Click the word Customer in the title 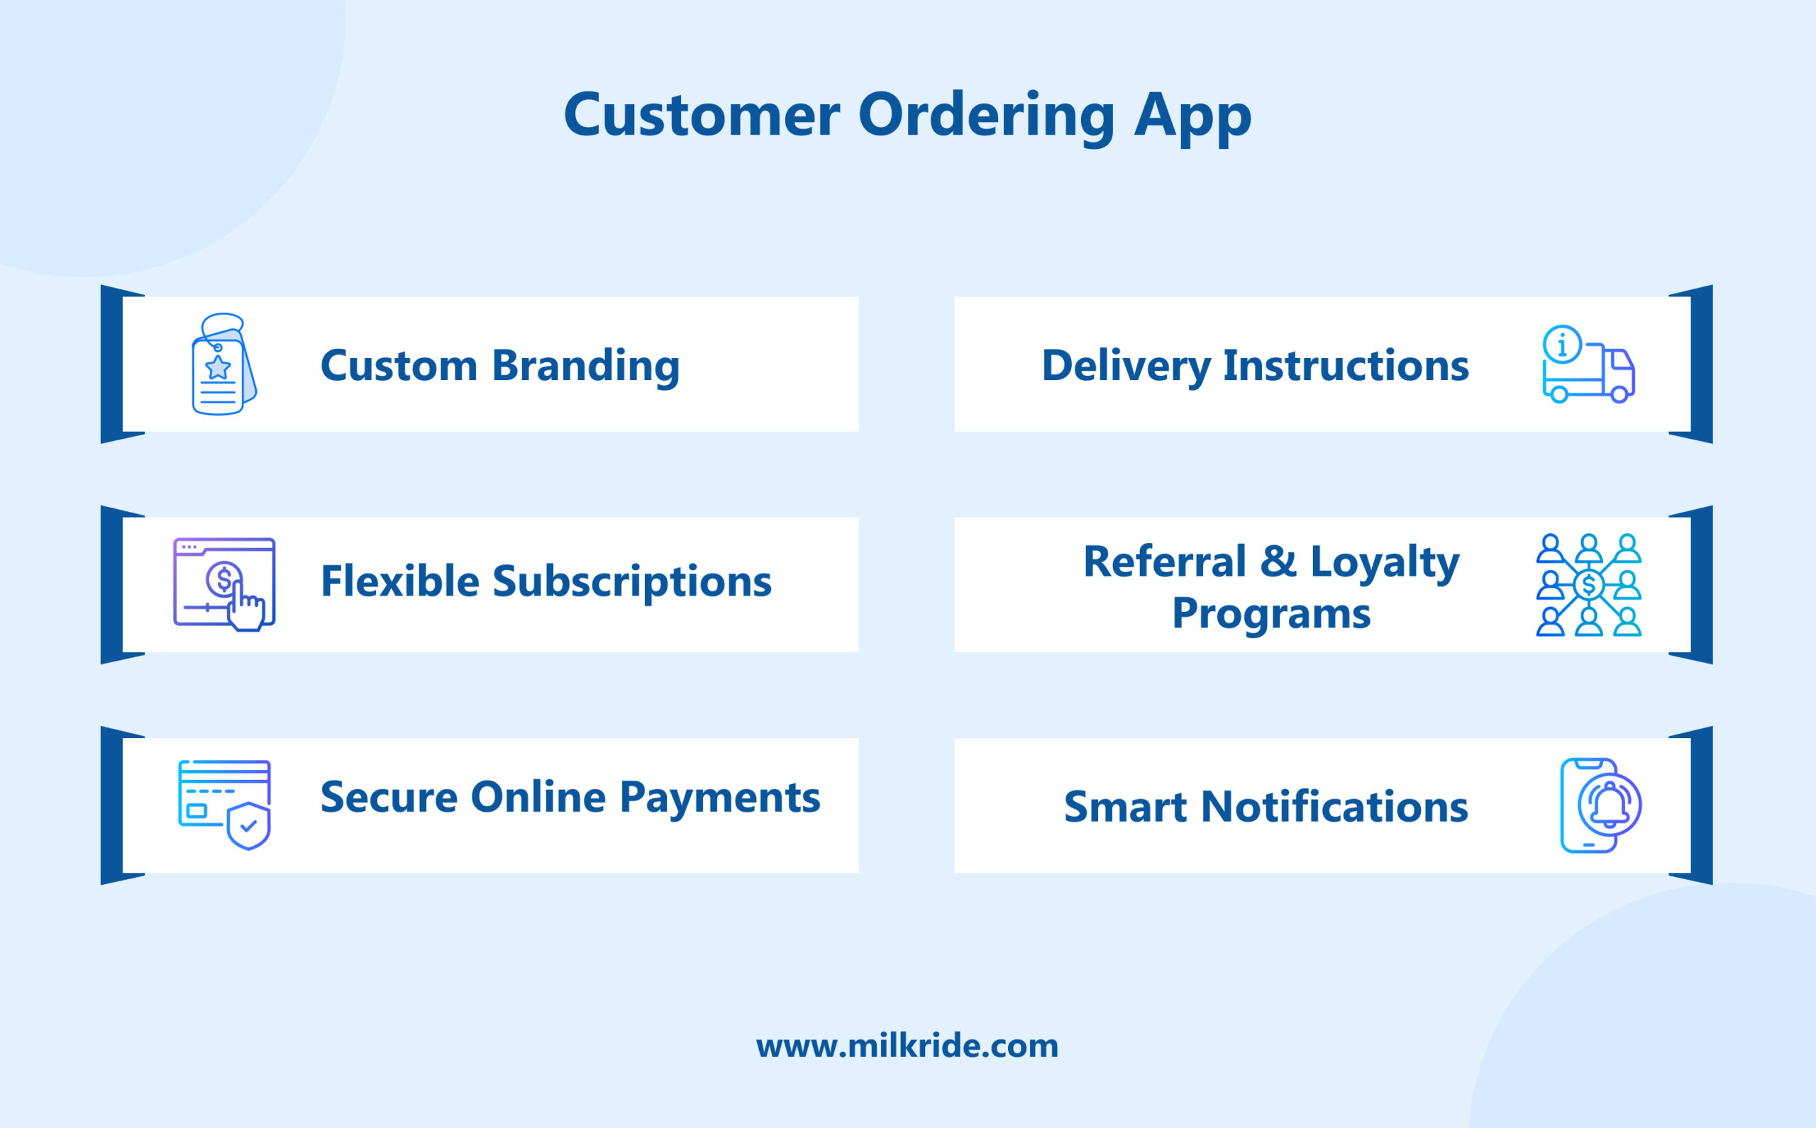[702, 116]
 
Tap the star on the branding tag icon [218, 367]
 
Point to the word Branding [585, 367]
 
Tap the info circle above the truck [1562, 345]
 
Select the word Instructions [1346, 366]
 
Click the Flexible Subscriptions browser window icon [224, 584]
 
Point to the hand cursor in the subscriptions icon [245, 609]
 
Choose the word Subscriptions [631, 582]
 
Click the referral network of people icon [1588, 585]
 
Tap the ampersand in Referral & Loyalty [1278, 561]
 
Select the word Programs [1271, 613]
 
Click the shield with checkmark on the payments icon [248, 826]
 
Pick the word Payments [719, 797]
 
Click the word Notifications [1334, 808]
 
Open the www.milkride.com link [907, 1046]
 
